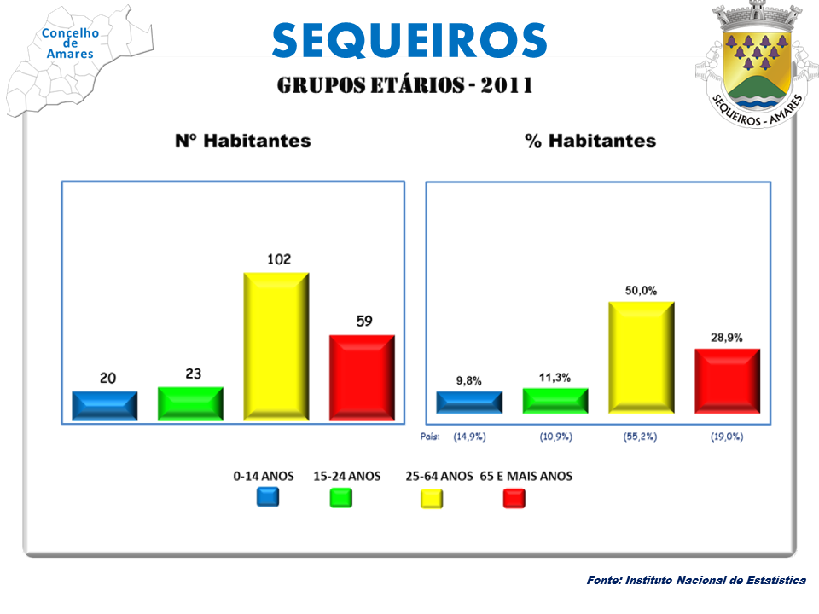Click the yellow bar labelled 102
click(276, 345)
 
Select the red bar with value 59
click(362, 377)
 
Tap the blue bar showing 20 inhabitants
click(105, 406)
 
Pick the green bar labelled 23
click(190, 403)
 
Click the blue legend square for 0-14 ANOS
click(268, 497)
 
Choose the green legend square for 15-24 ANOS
click(341, 497)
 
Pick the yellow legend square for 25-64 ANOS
click(432, 498)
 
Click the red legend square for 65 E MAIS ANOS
click(514, 498)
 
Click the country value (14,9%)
click(469, 437)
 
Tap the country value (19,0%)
click(727, 437)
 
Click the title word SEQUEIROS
click(409, 39)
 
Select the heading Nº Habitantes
click(242, 141)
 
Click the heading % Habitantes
click(590, 141)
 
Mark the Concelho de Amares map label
click(71, 43)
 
